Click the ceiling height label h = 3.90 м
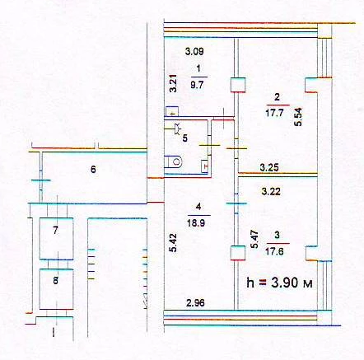coord(279,283)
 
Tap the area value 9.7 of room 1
coord(197,85)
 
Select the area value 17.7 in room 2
coord(274,113)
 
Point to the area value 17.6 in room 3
coord(274,251)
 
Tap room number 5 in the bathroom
coord(185,138)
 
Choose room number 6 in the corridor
coord(93,170)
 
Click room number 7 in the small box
coord(56,230)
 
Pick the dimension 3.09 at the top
coord(194,51)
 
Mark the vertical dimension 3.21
coord(173,84)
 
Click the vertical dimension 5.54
coord(298,117)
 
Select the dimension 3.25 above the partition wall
coord(269,167)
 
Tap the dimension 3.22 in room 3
coord(271,191)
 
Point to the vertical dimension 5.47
coord(254,239)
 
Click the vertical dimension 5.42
coord(173,242)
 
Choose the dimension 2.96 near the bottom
coord(195,303)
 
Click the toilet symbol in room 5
coord(174,162)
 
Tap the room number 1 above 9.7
coord(198,68)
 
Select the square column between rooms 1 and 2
coord(238,85)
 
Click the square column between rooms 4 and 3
coord(238,253)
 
